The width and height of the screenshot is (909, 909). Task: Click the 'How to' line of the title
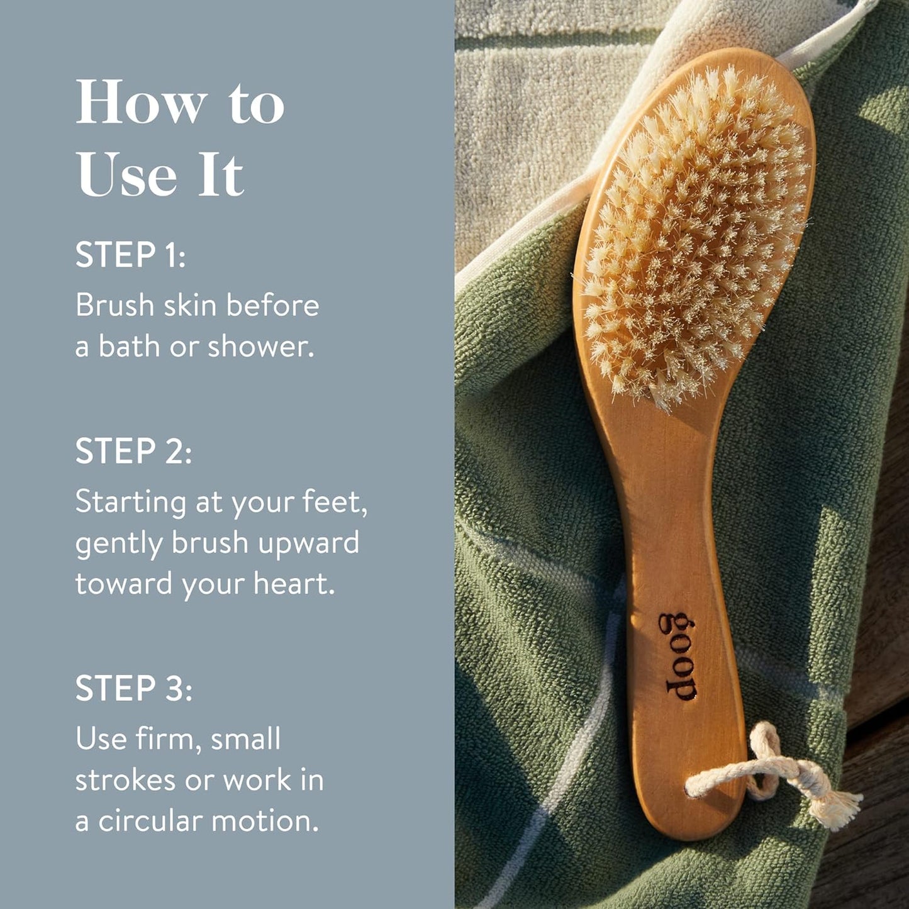[180, 103]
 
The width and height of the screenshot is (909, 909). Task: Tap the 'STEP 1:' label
[130, 255]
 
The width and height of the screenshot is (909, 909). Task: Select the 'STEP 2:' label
[133, 451]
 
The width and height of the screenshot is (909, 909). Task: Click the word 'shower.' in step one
[260, 347]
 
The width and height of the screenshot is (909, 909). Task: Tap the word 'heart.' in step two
[294, 583]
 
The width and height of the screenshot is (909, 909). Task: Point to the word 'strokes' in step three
[125, 780]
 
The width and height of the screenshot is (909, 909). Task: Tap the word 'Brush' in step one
[115, 306]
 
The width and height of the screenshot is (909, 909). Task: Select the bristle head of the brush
[694, 233]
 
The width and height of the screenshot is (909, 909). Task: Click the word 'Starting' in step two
[131, 503]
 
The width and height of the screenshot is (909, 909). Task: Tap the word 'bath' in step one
[129, 347]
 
